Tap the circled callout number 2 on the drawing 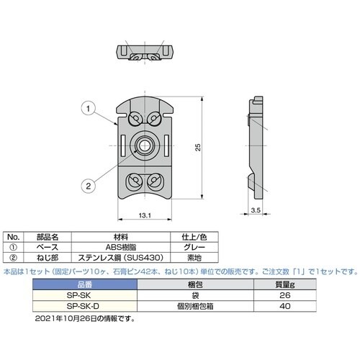(86, 185)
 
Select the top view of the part (145, 53)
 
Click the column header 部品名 (53, 236)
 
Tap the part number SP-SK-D (80, 305)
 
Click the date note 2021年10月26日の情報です (84, 317)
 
